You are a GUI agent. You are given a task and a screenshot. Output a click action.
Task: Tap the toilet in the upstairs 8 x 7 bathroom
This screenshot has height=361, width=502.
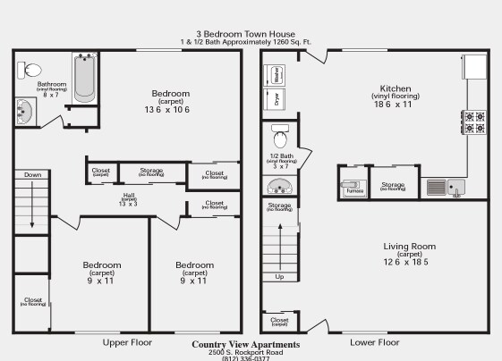(x=32, y=69)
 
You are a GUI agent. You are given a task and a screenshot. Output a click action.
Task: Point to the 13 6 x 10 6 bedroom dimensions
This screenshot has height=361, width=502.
(x=170, y=110)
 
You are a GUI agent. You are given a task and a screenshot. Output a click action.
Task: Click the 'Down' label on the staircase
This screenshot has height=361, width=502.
(x=33, y=175)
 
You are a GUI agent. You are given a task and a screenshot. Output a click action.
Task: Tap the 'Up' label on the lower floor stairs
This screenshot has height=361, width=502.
(x=279, y=276)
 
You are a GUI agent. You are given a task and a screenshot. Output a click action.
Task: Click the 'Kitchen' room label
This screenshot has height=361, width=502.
(x=396, y=88)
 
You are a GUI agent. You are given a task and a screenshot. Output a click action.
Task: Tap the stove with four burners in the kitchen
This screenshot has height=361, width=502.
(x=472, y=122)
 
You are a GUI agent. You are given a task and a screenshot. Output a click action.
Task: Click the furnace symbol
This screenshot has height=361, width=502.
(x=353, y=188)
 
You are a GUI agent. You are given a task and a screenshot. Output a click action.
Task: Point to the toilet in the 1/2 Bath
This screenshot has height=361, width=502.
(x=279, y=138)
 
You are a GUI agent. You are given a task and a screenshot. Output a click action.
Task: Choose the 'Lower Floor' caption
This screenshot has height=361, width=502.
(x=374, y=342)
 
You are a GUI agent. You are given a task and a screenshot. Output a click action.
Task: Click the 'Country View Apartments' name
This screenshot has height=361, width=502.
(x=246, y=344)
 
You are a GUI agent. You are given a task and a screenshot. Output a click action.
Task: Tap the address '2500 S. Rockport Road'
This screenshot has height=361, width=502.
(x=246, y=352)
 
